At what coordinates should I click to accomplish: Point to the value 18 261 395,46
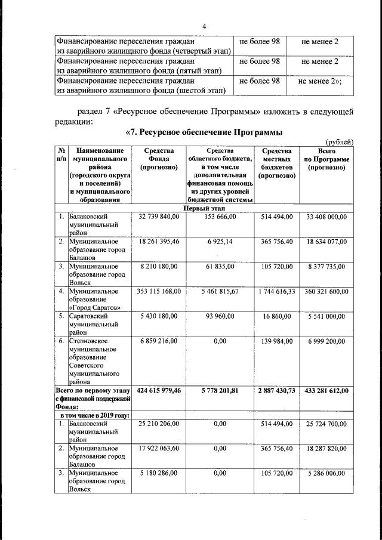coord(159,241)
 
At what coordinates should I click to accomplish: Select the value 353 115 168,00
coord(159,291)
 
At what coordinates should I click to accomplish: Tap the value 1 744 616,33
coord(276,291)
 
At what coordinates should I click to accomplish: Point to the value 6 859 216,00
coord(159,341)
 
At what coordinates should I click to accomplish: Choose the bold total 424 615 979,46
coord(159,390)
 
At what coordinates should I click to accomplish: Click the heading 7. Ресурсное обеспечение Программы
coord(204,132)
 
